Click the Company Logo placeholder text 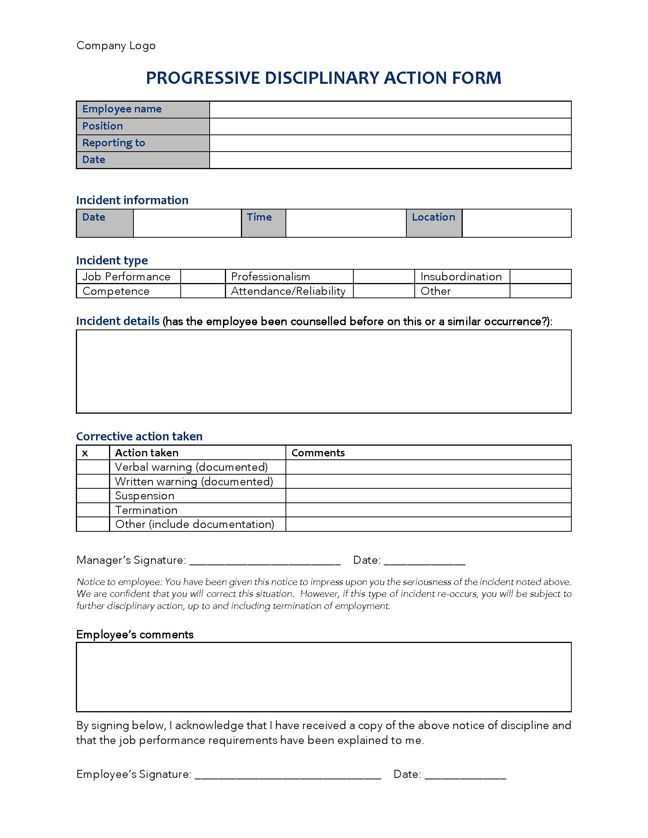115,46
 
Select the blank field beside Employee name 390,110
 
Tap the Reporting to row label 114,143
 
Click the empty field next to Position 390,126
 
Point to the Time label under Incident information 259,217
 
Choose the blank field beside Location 516,223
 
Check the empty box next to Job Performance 203,277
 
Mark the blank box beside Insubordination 540,277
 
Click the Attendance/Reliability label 288,291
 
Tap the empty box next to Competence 203,291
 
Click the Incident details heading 117,321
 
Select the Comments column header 318,453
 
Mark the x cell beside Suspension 93,496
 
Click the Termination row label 146,510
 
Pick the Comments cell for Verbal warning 428,467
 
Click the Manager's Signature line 265,561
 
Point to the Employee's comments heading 135,635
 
